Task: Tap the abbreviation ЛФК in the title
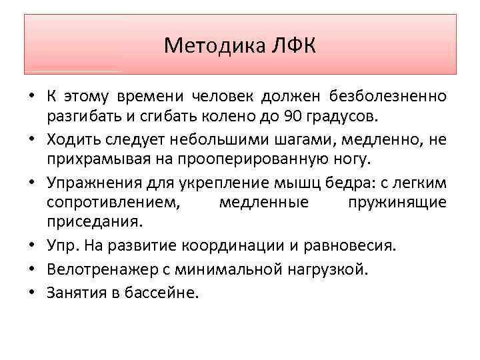[293, 45]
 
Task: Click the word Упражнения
[87, 183]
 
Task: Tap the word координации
[253, 246]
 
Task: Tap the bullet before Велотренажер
[32, 270]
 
